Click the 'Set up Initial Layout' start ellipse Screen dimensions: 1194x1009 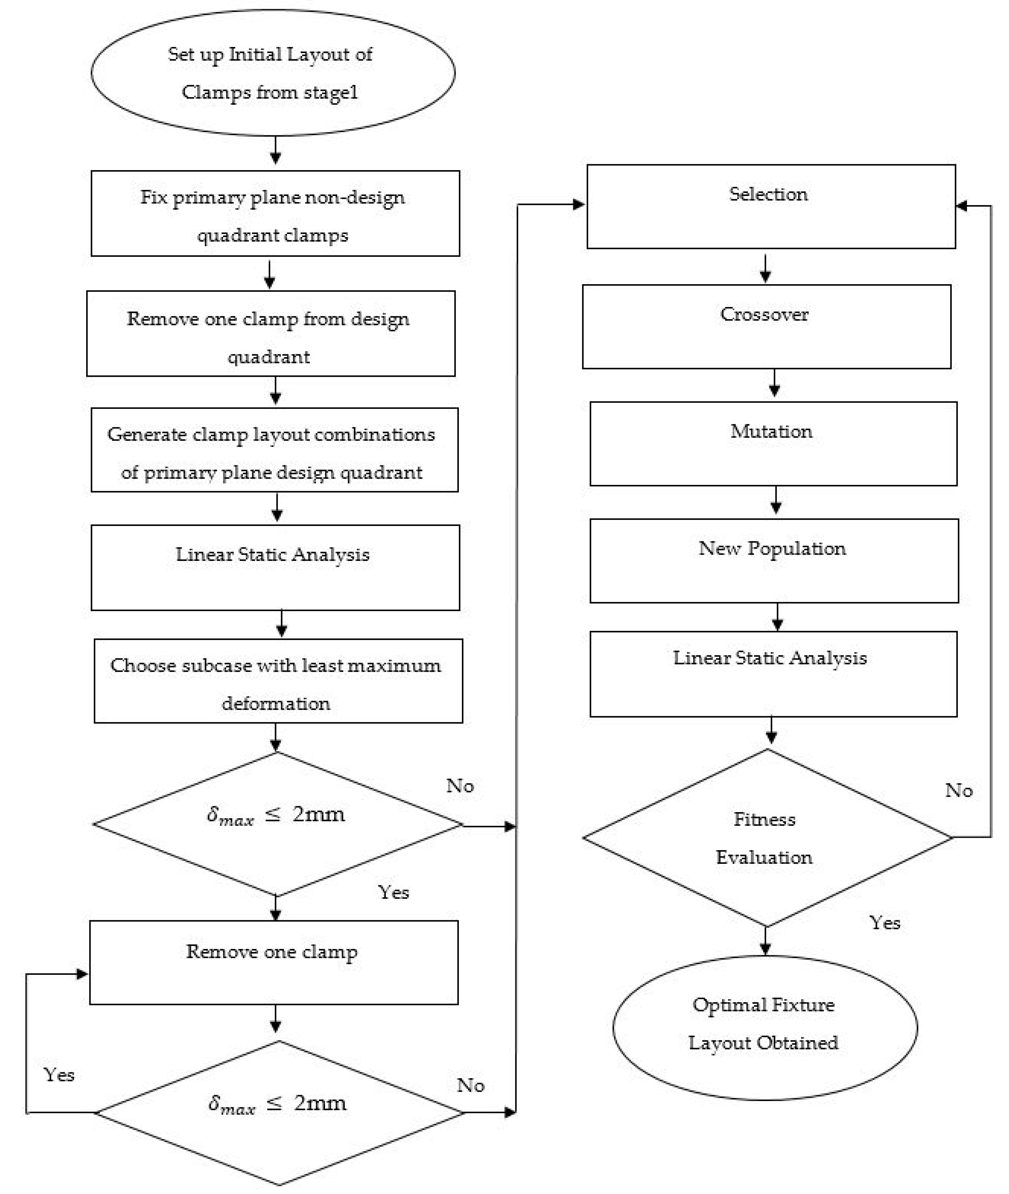click(273, 73)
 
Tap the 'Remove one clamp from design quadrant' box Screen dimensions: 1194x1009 click(271, 333)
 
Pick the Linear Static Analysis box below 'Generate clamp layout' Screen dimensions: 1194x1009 click(275, 567)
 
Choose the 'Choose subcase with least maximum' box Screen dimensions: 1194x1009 click(278, 681)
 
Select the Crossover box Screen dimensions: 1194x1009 click(766, 327)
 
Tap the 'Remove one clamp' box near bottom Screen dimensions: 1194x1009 click(274, 963)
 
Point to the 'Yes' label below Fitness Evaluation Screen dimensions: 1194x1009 click(884, 922)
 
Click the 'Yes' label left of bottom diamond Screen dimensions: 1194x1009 click(59, 1075)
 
